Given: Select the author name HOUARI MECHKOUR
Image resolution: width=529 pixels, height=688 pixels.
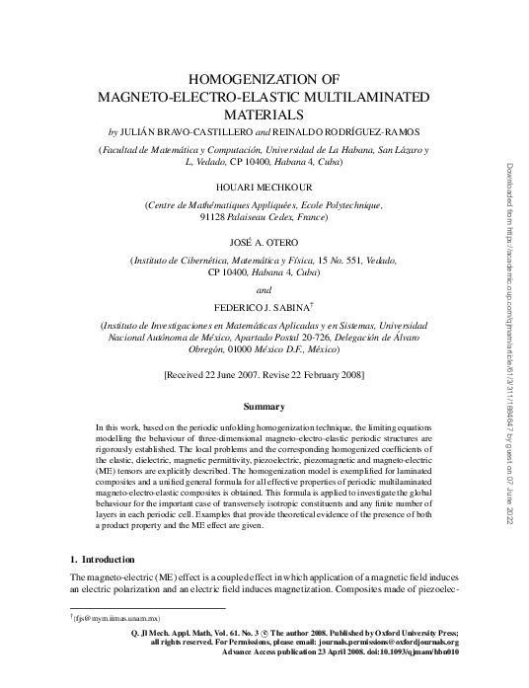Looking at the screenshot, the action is point(263,184).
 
